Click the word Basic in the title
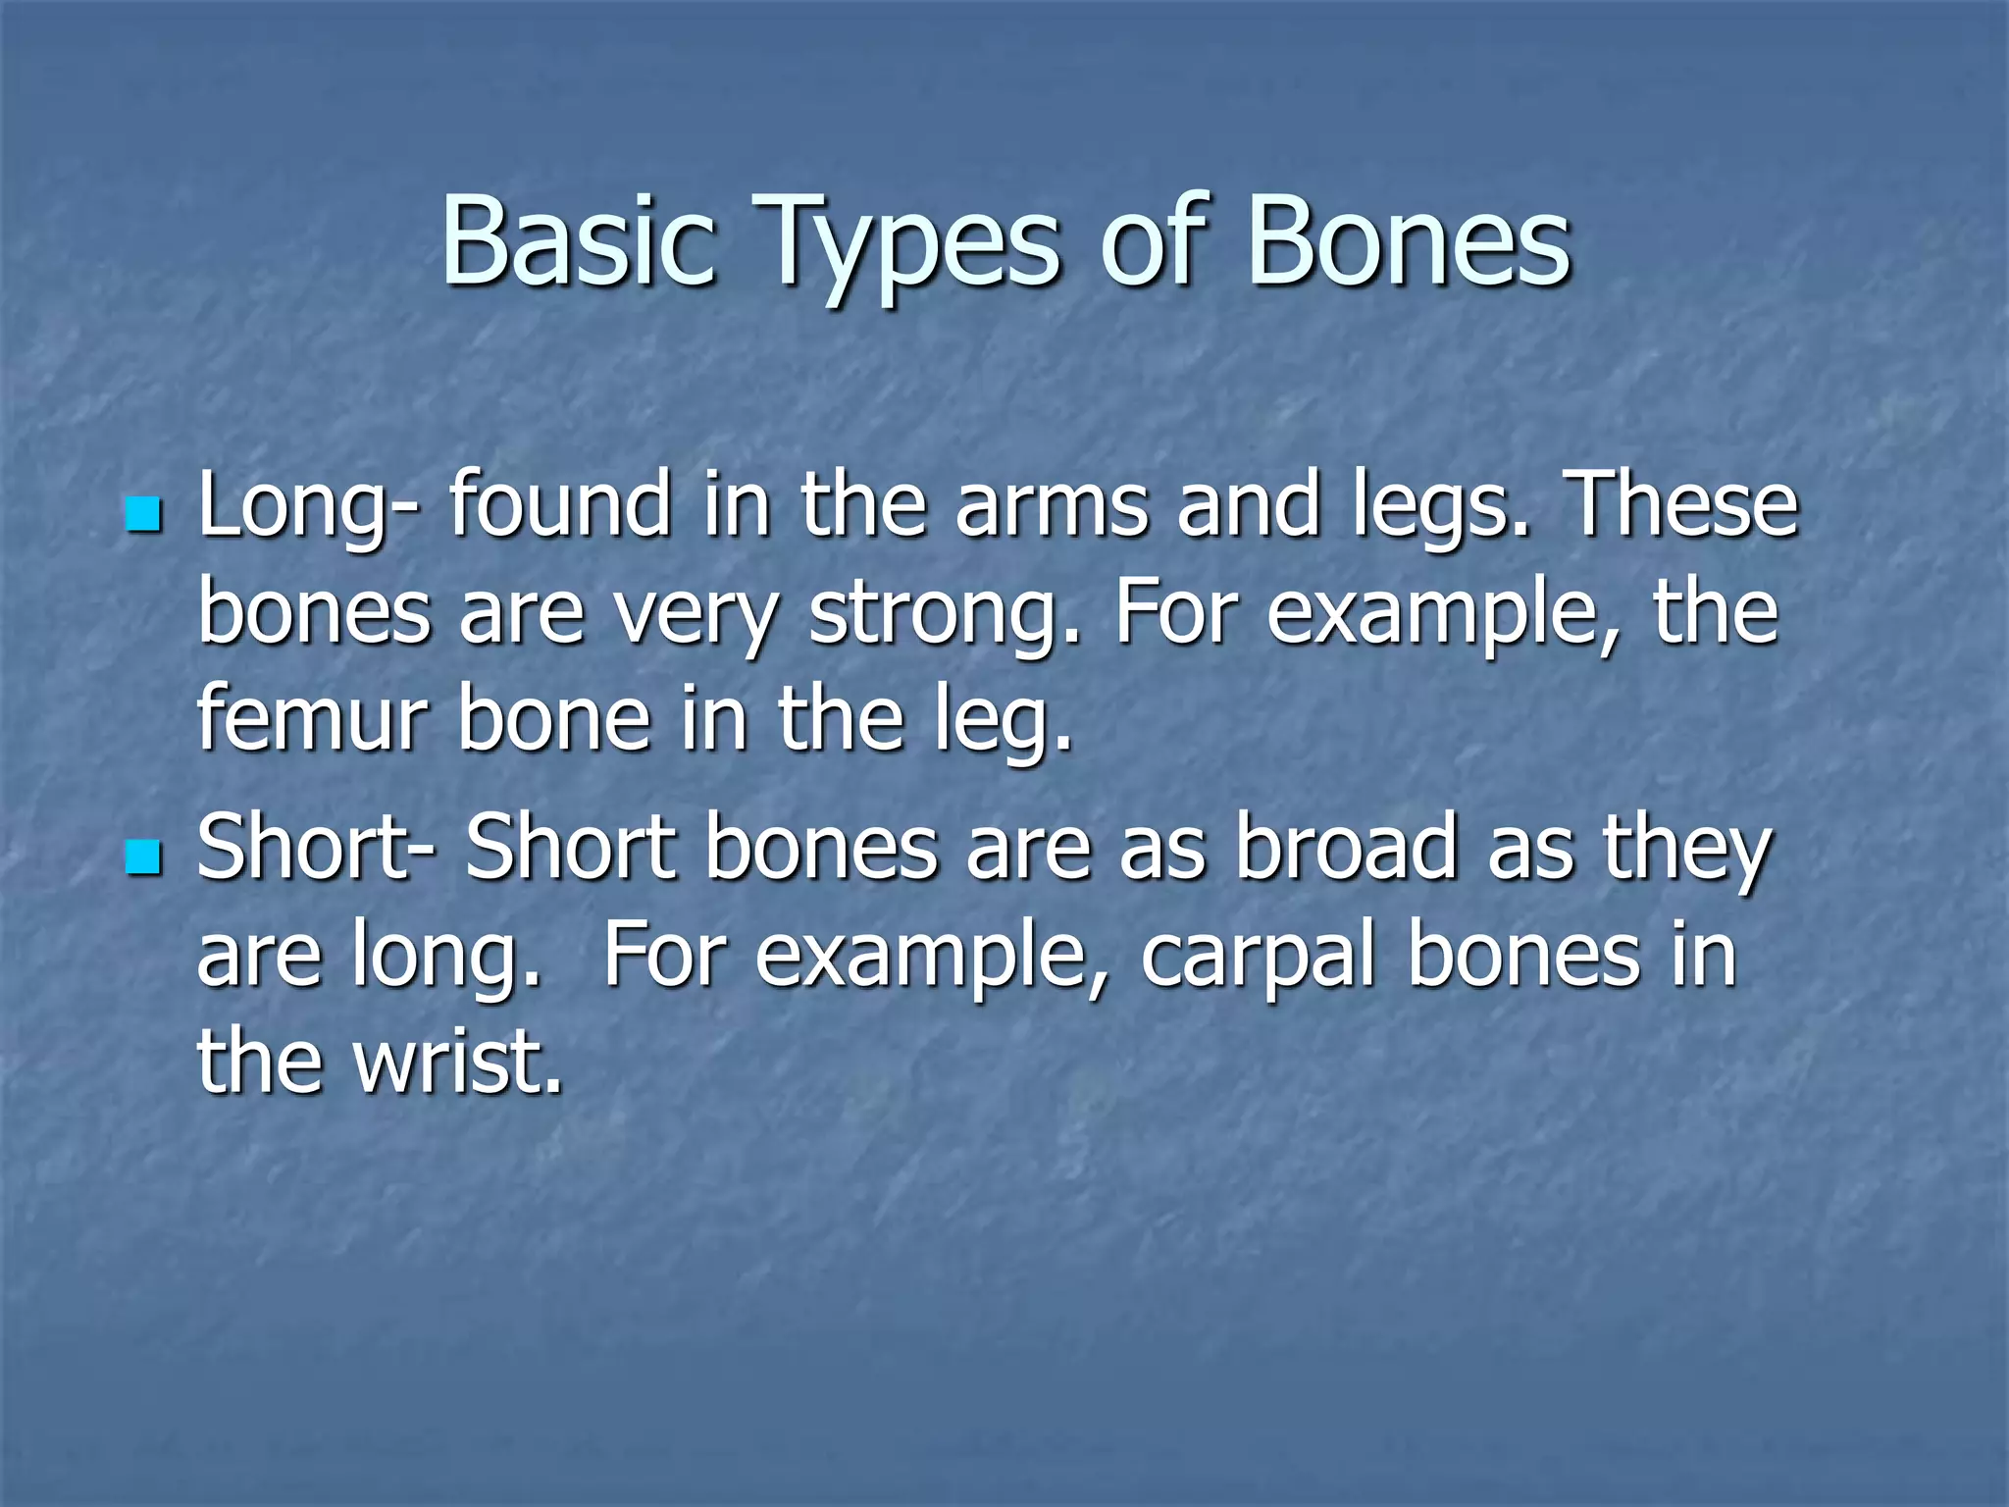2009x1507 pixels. point(577,242)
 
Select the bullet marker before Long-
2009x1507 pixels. point(143,514)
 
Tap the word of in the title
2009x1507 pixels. point(1150,242)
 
